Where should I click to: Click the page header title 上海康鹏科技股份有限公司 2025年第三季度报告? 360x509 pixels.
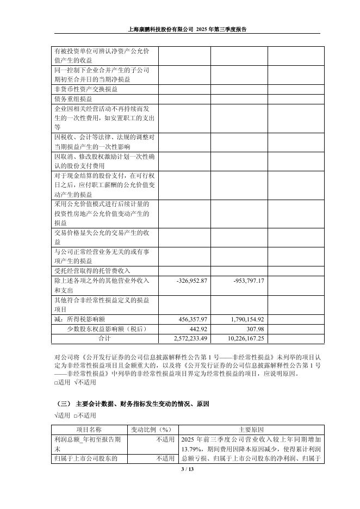coord(187,30)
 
